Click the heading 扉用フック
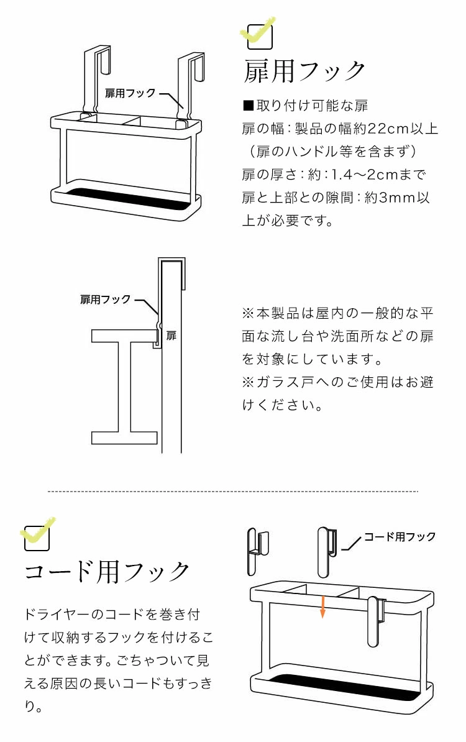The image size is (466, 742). click(x=304, y=71)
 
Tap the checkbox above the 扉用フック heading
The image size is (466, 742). click(x=260, y=36)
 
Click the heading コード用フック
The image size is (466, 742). click(x=107, y=571)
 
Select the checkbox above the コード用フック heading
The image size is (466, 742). click(x=37, y=538)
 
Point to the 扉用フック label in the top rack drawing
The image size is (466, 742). click(x=130, y=93)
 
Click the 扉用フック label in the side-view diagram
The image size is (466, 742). click(x=106, y=300)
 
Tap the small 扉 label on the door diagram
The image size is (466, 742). click(x=171, y=336)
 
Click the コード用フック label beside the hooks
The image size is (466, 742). click(x=400, y=536)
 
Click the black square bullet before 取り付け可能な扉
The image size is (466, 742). click(x=246, y=106)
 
